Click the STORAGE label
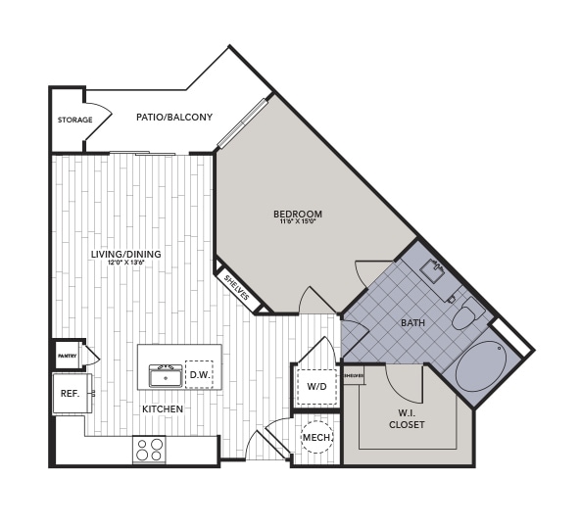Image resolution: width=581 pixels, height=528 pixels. (74, 120)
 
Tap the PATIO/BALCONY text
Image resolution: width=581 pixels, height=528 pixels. (174, 118)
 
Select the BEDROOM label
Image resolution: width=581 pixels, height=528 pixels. (298, 214)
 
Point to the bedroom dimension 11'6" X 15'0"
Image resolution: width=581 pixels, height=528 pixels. (298, 222)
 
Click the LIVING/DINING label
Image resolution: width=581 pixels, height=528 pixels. (125, 255)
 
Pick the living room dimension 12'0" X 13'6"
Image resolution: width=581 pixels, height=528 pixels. (125, 264)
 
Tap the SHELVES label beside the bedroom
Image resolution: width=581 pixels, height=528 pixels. (236, 288)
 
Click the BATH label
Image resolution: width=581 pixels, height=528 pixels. (412, 322)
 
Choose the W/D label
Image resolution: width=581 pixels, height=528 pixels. (316, 387)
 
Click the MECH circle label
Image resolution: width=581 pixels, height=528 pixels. (315, 437)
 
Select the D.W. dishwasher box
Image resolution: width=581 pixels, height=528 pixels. (199, 374)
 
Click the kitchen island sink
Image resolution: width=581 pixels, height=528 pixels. (166, 375)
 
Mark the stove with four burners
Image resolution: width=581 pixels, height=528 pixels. (150, 450)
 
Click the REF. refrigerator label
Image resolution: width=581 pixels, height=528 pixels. (71, 393)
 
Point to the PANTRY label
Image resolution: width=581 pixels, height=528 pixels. (68, 357)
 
